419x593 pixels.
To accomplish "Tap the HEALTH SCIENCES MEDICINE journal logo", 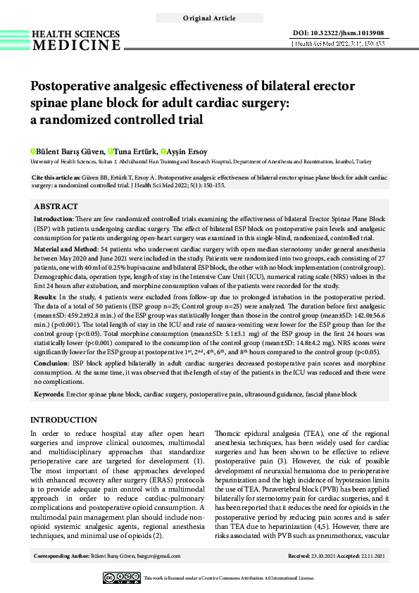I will click(76, 40).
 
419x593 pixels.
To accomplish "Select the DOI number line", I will click(338, 33).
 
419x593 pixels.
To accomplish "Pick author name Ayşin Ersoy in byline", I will click(186, 151).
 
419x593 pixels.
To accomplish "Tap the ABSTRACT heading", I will click(56, 207).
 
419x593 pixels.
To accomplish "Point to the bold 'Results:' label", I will click(47, 299).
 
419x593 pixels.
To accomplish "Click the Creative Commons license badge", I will click(121, 578).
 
